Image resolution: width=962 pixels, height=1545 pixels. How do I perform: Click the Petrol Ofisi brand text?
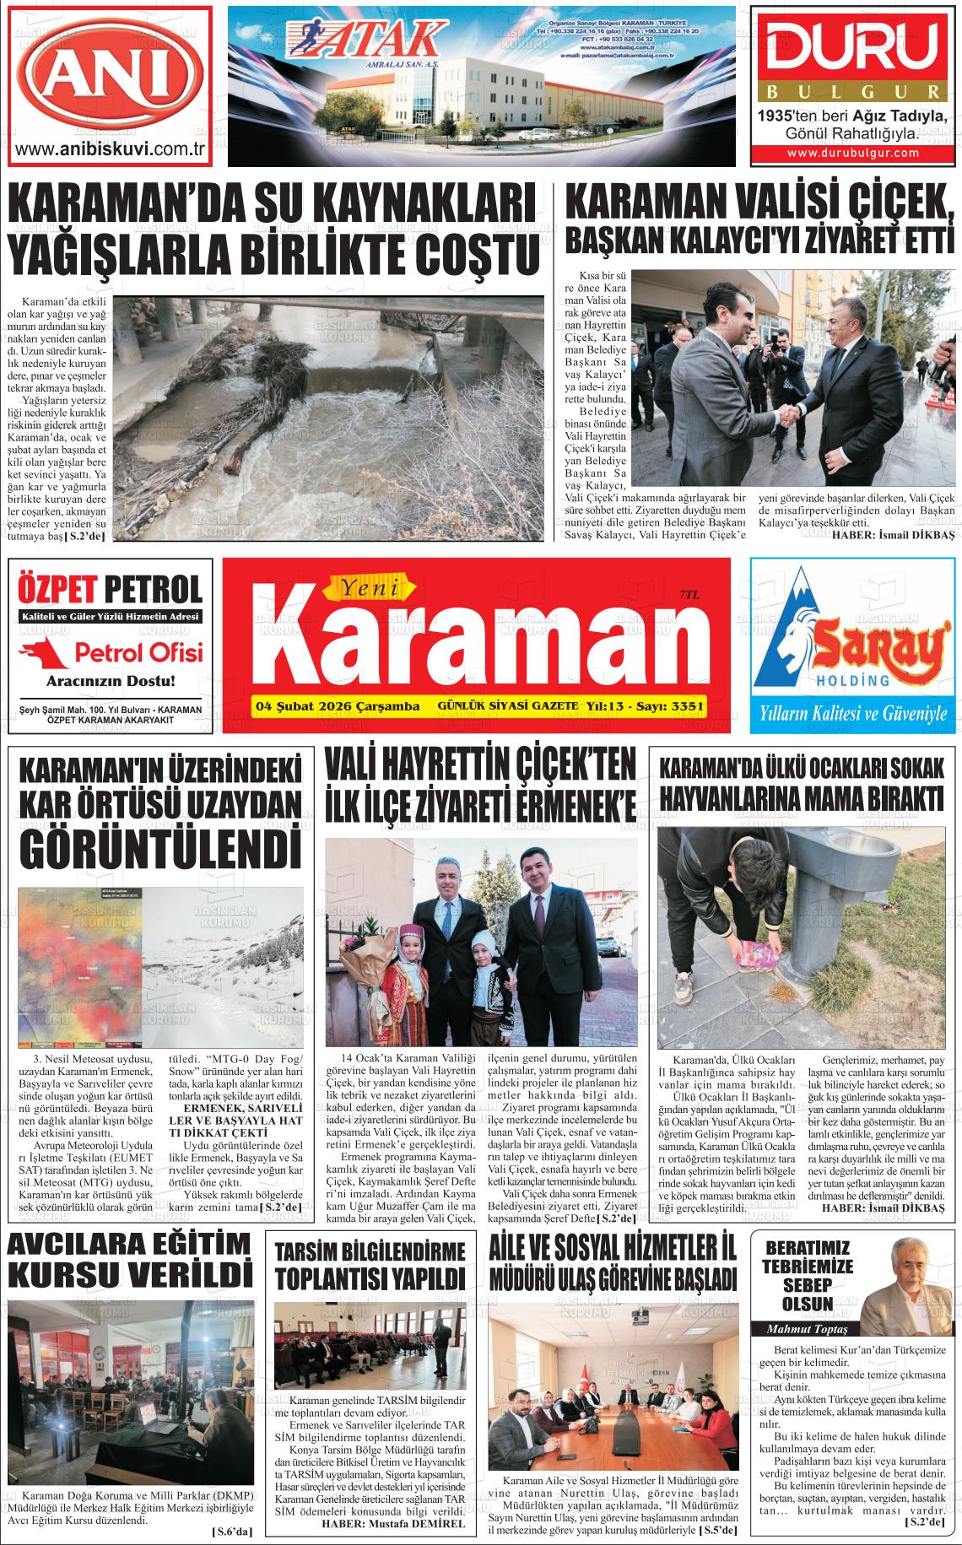coord(139,651)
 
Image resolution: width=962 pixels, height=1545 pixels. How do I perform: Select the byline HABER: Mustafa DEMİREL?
coord(393,1524)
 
